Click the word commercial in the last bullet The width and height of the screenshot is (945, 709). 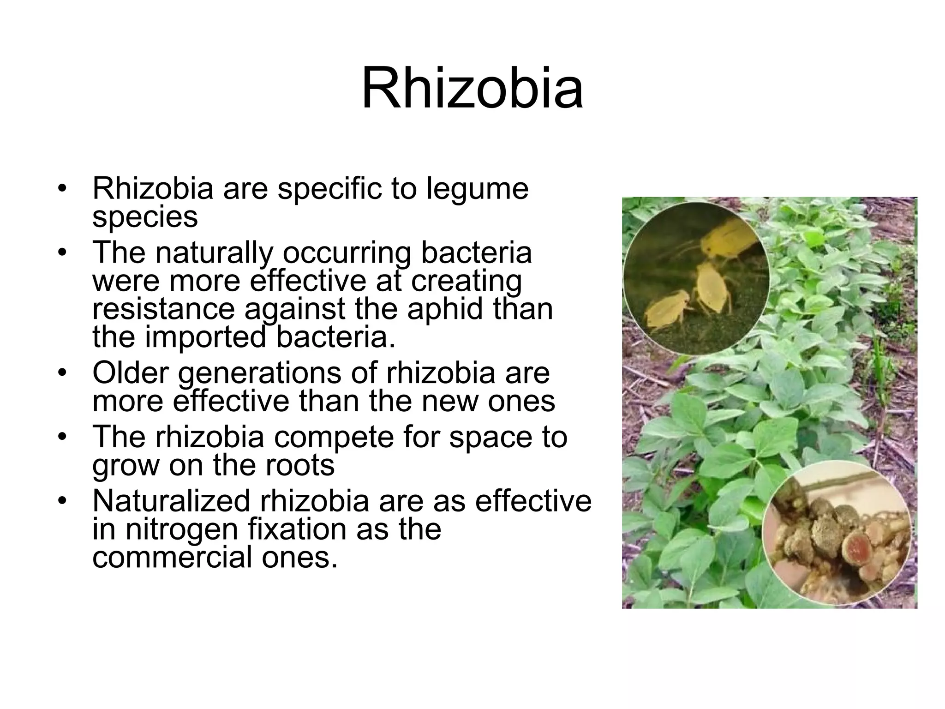point(173,557)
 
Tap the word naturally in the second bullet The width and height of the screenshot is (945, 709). point(214,252)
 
